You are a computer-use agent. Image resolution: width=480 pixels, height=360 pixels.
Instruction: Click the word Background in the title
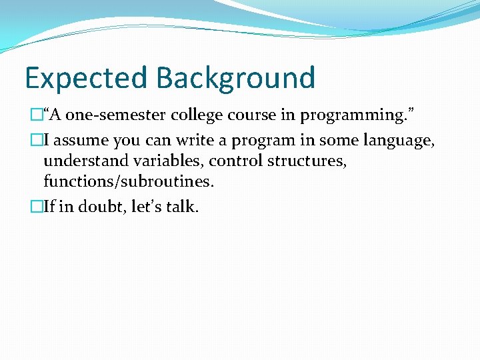tap(236, 78)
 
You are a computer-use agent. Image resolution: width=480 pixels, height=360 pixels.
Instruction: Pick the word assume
tap(87, 141)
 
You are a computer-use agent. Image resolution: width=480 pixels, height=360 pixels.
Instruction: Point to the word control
tap(233, 161)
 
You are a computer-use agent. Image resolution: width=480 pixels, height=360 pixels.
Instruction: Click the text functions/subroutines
tap(128, 181)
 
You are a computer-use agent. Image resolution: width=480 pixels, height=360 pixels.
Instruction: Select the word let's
tap(150, 207)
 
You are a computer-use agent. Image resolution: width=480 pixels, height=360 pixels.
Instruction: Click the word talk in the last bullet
tap(184, 207)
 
